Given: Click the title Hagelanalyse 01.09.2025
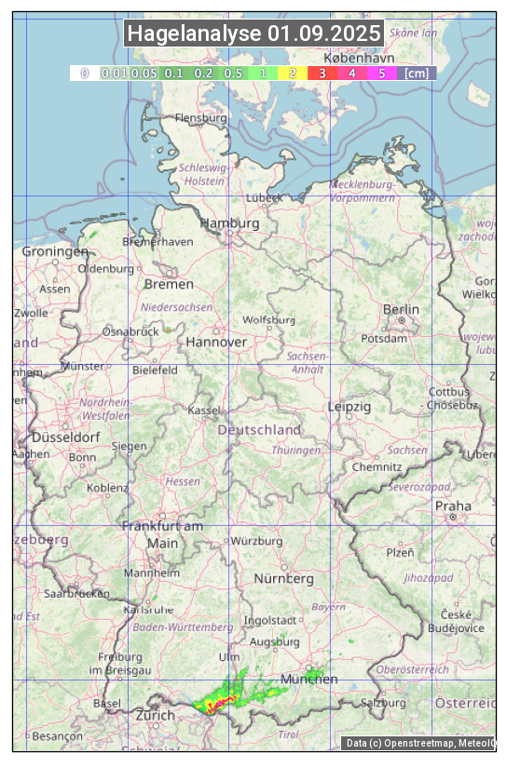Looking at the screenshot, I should point(253,34).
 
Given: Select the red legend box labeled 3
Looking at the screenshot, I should point(322,73).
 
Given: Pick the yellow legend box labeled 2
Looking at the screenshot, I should point(293,73).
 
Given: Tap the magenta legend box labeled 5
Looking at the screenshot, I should point(382,73).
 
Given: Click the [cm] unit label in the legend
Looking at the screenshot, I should point(417,73).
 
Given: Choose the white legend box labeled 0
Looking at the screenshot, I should point(84,73).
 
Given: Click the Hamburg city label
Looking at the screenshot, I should point(229,223).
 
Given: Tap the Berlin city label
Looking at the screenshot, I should point(401,309).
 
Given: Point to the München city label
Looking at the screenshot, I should point(308,679).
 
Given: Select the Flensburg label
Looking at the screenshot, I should point(200,118).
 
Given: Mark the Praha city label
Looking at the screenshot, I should point(453,505).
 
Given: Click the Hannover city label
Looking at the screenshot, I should point(216,342).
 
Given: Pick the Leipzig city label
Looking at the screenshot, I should point(349,407).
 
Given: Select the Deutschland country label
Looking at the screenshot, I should point(259,429).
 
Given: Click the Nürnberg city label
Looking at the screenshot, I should point(283,578).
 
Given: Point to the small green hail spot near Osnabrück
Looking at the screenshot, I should point(168,330).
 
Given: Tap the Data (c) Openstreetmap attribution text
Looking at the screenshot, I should point(419,743).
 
